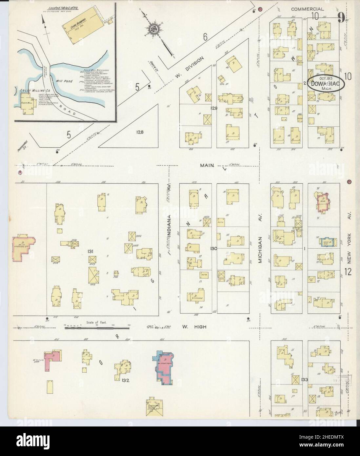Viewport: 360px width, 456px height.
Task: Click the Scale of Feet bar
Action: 97,327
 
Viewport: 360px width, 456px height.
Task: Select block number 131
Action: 91,251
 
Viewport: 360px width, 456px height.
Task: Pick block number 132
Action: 125,381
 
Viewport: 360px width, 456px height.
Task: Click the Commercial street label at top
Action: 308,9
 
